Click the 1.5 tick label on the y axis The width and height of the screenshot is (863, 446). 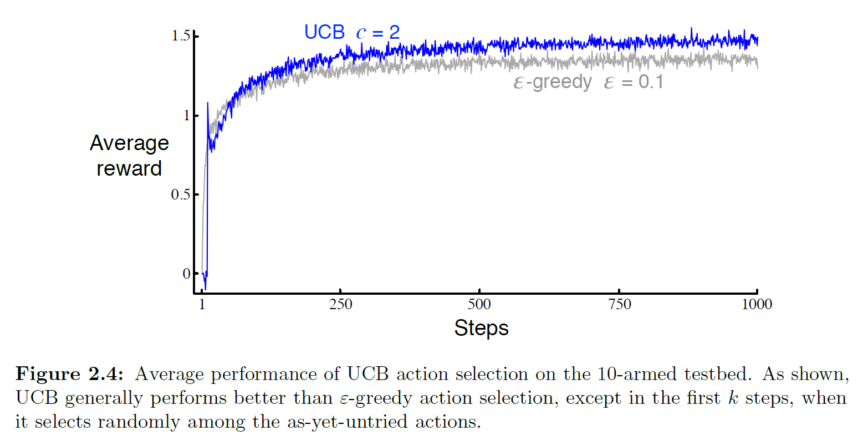click(x=181, y=37)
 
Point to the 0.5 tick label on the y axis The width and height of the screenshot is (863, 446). click(x=181, y=195)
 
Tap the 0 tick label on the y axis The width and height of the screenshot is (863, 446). click(x=186, y=274)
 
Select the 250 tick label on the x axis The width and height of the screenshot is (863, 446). click(x=340, y=304)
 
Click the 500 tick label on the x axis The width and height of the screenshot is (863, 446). click(x=479, y=304)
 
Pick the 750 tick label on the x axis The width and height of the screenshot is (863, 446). click(x=619, y=304)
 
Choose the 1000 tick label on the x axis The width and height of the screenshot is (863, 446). click(x=757, y=304)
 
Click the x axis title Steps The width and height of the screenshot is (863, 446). click(x=481, y=328)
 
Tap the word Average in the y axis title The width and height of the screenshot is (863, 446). click(x=129, y=143)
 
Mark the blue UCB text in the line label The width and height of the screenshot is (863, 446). click(x=324, y=32)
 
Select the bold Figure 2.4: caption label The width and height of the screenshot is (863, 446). click(x=70, y=375)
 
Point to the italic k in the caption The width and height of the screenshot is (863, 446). click(x=733, y=398)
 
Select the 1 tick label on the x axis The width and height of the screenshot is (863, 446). click(x=202, y=304)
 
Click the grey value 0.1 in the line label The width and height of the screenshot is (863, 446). click(x=651, y=82)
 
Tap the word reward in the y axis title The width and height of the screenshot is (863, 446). click(x=129, y=168)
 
